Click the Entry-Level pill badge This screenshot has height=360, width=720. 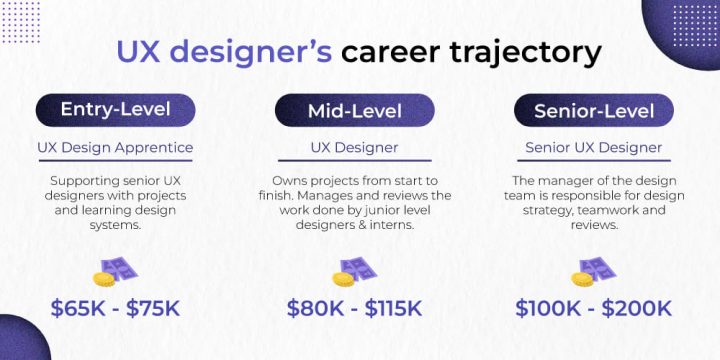tap(115, 110)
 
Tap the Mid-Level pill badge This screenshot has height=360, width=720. tap(354, 110)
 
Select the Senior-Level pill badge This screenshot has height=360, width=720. tap(593, 110)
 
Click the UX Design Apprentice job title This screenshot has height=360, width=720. tap(115, 148)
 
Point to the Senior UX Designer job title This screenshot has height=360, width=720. tap(593, 148)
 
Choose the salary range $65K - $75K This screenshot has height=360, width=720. tap(115, 308)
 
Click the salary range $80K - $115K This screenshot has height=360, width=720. tap(354, 308)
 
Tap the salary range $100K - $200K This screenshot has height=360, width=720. tap(593, 308)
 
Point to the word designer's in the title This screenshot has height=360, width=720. tap(249, 51)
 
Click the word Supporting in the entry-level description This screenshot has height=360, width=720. tap(87, 181)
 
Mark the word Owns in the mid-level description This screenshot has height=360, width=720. tap(276, 181)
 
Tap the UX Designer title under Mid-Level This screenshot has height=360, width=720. tap(354, 148)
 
